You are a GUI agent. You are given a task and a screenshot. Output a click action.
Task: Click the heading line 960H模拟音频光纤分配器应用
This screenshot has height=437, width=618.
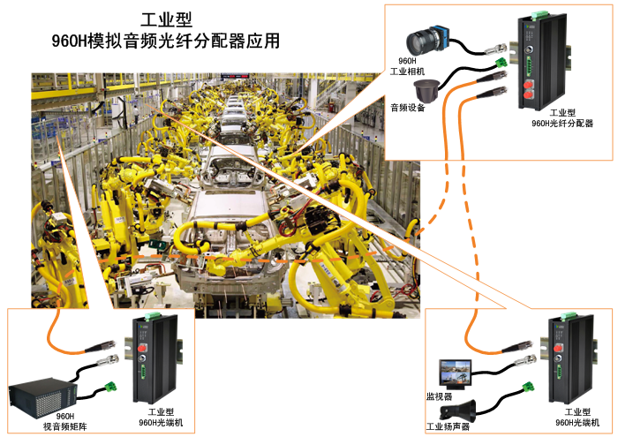click(x=166, y=41)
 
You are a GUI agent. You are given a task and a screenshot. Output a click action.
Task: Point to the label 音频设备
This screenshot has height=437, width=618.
click(x=408, y=108)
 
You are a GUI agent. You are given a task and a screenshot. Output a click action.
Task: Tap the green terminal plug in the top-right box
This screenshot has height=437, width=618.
click(x=502, y=62)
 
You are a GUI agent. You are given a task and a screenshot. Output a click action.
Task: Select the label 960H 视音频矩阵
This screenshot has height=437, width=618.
click(x=64, y=420)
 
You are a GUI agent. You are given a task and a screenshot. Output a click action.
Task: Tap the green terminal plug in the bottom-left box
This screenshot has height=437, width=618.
click(x=111, y=385)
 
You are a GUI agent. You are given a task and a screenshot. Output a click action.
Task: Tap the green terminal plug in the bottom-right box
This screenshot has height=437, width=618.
click(x=531, y=386)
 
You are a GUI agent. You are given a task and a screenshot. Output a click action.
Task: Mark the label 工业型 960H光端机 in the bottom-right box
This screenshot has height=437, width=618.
click(x=577, y=417)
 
